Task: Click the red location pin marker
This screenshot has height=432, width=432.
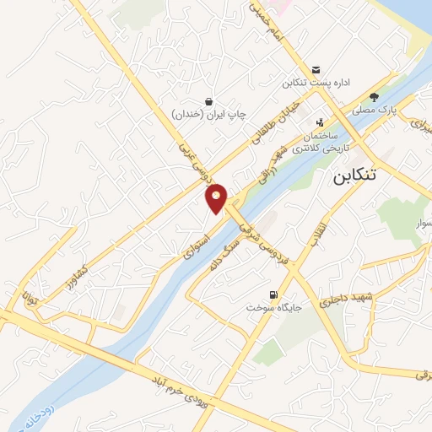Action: [x=217, y=198]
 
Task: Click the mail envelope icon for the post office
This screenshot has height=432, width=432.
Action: [x=316, y=69]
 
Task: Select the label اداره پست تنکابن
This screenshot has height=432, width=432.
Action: [x=316, y=83]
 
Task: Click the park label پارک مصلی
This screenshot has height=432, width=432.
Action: [x=374, y=110]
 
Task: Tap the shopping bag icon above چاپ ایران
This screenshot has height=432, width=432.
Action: [x=208, y=101]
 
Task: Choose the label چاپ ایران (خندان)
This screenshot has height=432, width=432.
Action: [x=207, y=114]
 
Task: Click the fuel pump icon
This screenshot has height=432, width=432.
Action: [x=272, y=294]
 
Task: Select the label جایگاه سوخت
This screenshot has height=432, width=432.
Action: [x=272, y=308]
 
